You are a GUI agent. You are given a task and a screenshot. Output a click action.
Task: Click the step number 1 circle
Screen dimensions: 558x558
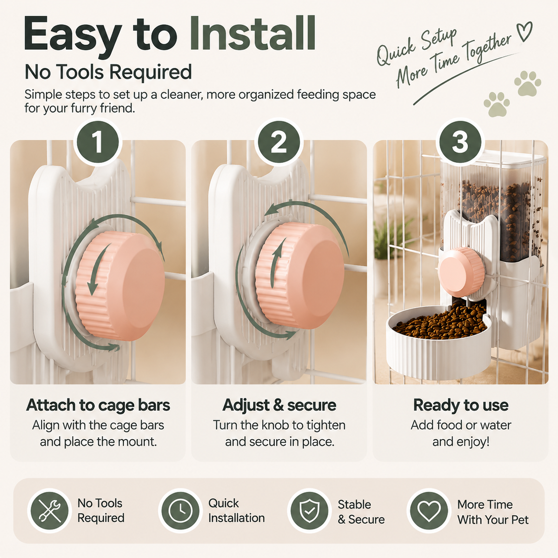click(x=98, y=142)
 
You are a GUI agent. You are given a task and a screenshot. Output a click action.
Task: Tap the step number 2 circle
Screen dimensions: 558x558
click(x=279, y=142)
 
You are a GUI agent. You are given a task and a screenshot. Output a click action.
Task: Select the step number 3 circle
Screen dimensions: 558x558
click(x=460, y=142)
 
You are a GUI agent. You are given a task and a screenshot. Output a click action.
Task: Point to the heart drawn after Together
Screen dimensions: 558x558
click(x=525, y=31)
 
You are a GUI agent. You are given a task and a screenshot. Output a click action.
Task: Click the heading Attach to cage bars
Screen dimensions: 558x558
click(x=98, y=405)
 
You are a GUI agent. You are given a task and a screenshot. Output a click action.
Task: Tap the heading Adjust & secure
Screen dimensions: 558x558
click(x=279, y=405)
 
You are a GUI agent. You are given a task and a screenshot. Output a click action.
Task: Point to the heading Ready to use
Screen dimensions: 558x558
click(x=461, y=405)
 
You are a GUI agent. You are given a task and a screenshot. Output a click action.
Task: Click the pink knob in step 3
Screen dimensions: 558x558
click(x=461, y=272)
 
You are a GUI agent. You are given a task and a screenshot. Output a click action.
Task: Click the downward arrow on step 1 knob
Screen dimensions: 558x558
click(x=97, y=270)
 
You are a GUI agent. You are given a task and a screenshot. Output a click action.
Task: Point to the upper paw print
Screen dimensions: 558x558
click(x=527, y=83)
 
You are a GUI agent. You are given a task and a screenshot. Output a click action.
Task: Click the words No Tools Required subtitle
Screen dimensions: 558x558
click(x=108, y=72)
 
